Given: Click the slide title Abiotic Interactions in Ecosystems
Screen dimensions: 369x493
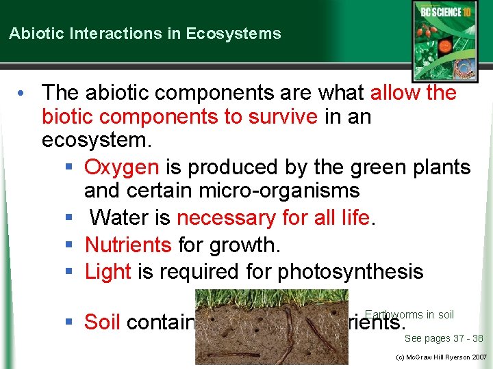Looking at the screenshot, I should [144, 33].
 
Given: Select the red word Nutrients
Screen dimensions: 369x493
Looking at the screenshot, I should [128, 244].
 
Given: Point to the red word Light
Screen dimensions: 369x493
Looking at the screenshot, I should [108, 271].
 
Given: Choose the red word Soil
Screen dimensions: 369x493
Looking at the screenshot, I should [103, 322].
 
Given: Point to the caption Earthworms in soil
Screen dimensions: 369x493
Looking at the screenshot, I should [409, 315].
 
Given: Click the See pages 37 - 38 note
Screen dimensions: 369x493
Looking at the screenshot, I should [444, 338].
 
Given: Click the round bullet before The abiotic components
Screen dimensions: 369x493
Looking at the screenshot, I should [23, 92].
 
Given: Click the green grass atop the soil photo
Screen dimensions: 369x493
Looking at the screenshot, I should [271, 299].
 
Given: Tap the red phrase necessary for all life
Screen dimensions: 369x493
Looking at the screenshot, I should [273, 218].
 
